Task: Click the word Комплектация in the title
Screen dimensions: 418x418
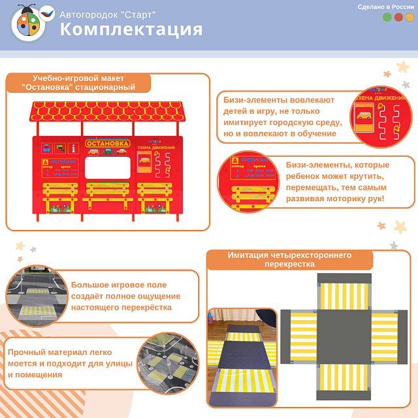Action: [131, 29]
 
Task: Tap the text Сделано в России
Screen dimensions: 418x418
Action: [386, 7]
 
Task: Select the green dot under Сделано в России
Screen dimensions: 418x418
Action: [387, 18]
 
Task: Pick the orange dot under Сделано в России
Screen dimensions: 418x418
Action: [410, 18]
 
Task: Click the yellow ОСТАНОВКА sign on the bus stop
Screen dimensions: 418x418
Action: [108, 143]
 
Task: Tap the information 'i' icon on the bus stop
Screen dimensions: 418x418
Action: [74, 148]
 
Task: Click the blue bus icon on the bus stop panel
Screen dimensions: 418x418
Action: [47, 148]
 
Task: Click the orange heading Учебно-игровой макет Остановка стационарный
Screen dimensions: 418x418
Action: [78, 83]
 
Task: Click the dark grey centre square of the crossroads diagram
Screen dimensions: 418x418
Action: [344, 337]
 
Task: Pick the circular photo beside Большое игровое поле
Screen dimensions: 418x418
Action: [37, 296]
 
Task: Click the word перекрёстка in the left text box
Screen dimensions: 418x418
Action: [146, 307]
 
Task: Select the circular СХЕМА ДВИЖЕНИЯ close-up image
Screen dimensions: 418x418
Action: [381, 117]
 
